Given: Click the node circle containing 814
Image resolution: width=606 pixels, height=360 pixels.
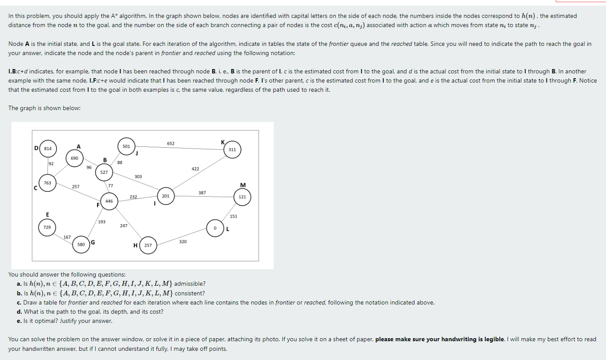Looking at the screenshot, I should click(x=48, y=149).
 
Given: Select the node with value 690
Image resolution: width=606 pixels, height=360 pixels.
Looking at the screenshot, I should click(x=74, y=158).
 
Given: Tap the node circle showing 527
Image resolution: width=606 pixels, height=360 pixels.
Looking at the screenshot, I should click(x=104, y=173).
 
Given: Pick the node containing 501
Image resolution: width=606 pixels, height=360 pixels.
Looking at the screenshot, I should click(x=126, y=146).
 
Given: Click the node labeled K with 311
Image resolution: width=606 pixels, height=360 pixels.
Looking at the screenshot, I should click(x=232, y=149).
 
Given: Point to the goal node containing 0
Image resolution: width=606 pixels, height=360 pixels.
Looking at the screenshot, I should click(x=215, y=228).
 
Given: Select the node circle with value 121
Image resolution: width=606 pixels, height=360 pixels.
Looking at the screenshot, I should click(x=242, y=197).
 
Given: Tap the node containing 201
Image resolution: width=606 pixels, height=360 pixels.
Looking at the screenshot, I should click(x=166, y=196).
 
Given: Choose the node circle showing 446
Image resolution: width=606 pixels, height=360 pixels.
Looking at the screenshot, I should click(x=109, y=201).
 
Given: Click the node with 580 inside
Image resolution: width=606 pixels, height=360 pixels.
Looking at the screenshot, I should click(x=81, y=245).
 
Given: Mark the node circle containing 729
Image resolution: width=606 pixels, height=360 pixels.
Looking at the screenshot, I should click(x=47, y=228).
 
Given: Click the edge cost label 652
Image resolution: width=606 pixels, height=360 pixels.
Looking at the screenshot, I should click(x=171, y=143).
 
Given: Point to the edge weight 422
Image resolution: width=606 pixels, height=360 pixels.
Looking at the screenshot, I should click(x=195, y=169).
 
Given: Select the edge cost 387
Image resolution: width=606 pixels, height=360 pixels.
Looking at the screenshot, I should click(x=202, y=192).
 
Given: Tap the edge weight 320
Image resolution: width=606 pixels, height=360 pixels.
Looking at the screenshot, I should click(x=183, y=241).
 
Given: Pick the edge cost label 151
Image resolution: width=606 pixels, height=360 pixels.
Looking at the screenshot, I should click(x=233, y=216).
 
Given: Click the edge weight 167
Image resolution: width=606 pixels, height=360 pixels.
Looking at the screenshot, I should click(x=67, y=237).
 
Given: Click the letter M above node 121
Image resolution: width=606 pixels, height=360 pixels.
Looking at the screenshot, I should click(x=243, y=186).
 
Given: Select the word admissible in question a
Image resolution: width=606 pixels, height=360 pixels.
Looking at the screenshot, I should click(x=189, y=284).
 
